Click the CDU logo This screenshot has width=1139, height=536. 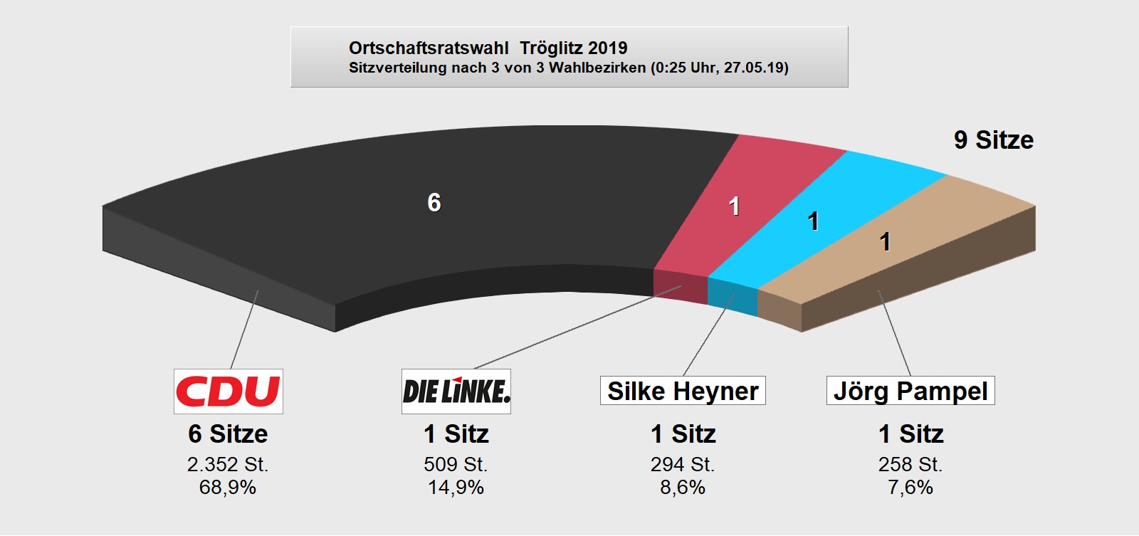pos(228,391)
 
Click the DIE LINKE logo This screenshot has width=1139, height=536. pos(456,391)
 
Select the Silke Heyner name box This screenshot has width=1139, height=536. pos(683,391)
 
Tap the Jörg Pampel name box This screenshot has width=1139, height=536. pos(910,391)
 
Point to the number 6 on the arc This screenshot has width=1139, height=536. pos(434,203)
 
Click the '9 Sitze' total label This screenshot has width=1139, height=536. pos(993,140)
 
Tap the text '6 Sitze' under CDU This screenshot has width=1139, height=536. pos(228,433)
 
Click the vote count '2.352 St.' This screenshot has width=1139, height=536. pos(228,464)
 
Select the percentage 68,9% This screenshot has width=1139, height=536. pos(228,488)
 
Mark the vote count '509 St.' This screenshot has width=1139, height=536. pos(456,464)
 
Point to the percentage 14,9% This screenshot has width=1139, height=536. pos(456,488)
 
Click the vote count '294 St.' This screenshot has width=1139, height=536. pos(683,464)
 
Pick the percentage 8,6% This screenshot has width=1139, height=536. pos(683,488)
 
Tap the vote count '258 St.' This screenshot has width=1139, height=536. pos(910,464)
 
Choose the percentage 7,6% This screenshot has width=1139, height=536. pos(910,488)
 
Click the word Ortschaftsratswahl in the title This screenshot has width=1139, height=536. pos(429,48)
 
